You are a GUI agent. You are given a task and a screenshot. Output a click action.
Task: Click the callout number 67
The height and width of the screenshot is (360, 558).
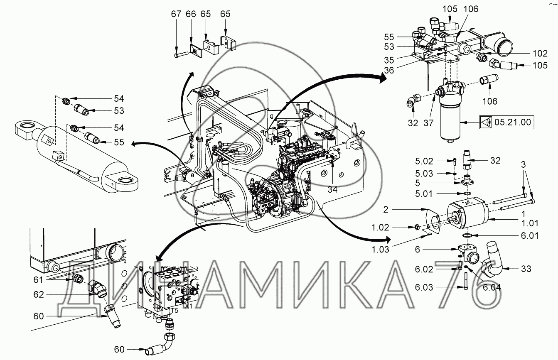click(176, 14)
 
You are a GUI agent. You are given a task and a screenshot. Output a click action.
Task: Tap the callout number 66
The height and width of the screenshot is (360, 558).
click(191, 14)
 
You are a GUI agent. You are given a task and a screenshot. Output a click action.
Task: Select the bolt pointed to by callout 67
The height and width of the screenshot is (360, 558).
click(182, 54)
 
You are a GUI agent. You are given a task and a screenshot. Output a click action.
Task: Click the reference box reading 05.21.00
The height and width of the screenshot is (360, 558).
click(506, 122)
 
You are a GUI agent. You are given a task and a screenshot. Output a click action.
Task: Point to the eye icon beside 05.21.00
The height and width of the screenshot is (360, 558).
click(486, 122)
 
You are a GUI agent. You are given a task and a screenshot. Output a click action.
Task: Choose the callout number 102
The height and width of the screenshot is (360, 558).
click(540, 54)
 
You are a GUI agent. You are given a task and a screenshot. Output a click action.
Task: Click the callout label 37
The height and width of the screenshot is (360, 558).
click(428, 123)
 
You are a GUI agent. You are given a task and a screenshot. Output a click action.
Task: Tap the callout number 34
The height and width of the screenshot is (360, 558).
click(332, 189)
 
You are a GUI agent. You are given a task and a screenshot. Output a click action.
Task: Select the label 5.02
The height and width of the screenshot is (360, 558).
click(424, 162)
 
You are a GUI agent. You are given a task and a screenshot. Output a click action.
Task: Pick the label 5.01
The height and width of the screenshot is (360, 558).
click(424, 193)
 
